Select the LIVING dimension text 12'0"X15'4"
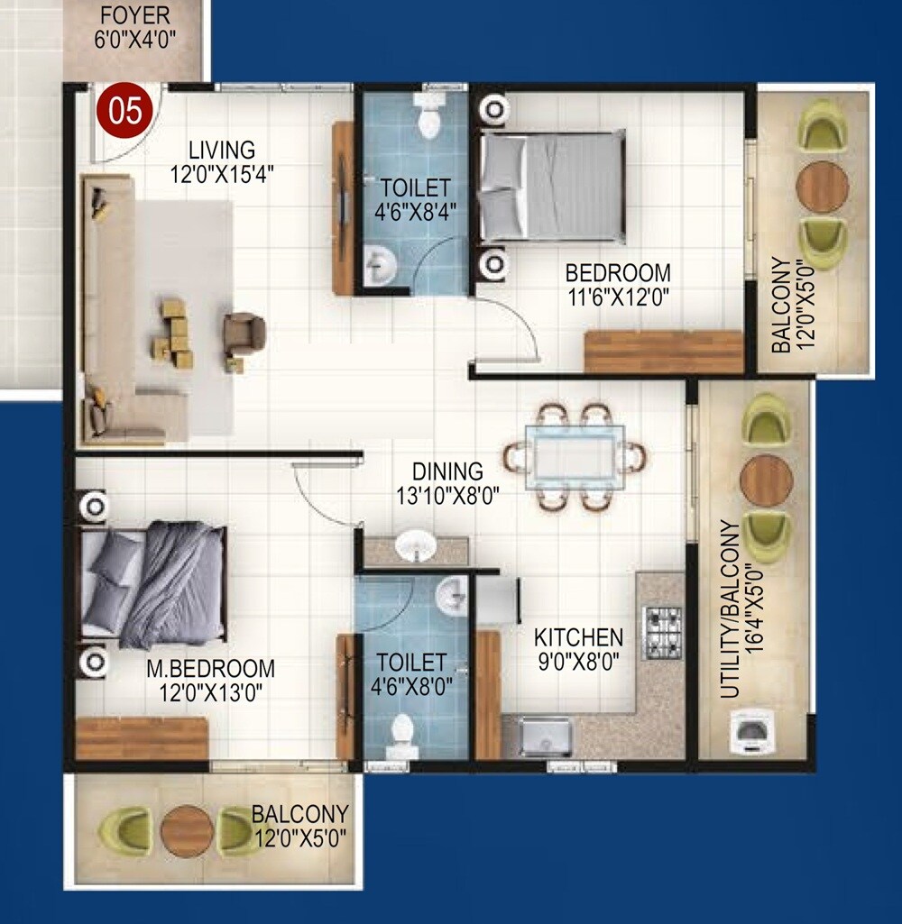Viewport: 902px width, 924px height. (222, 174)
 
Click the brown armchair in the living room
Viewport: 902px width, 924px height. (244, 333)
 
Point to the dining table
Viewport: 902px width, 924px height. (574, 457)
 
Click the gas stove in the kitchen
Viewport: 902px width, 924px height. (661, 632)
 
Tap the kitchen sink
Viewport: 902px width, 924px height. (545, 736)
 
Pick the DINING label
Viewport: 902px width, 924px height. (447, 471)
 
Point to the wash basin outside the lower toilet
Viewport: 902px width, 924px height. (416, 546)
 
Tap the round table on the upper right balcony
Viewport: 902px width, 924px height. (822, 186)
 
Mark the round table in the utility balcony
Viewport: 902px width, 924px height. (766, 480)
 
